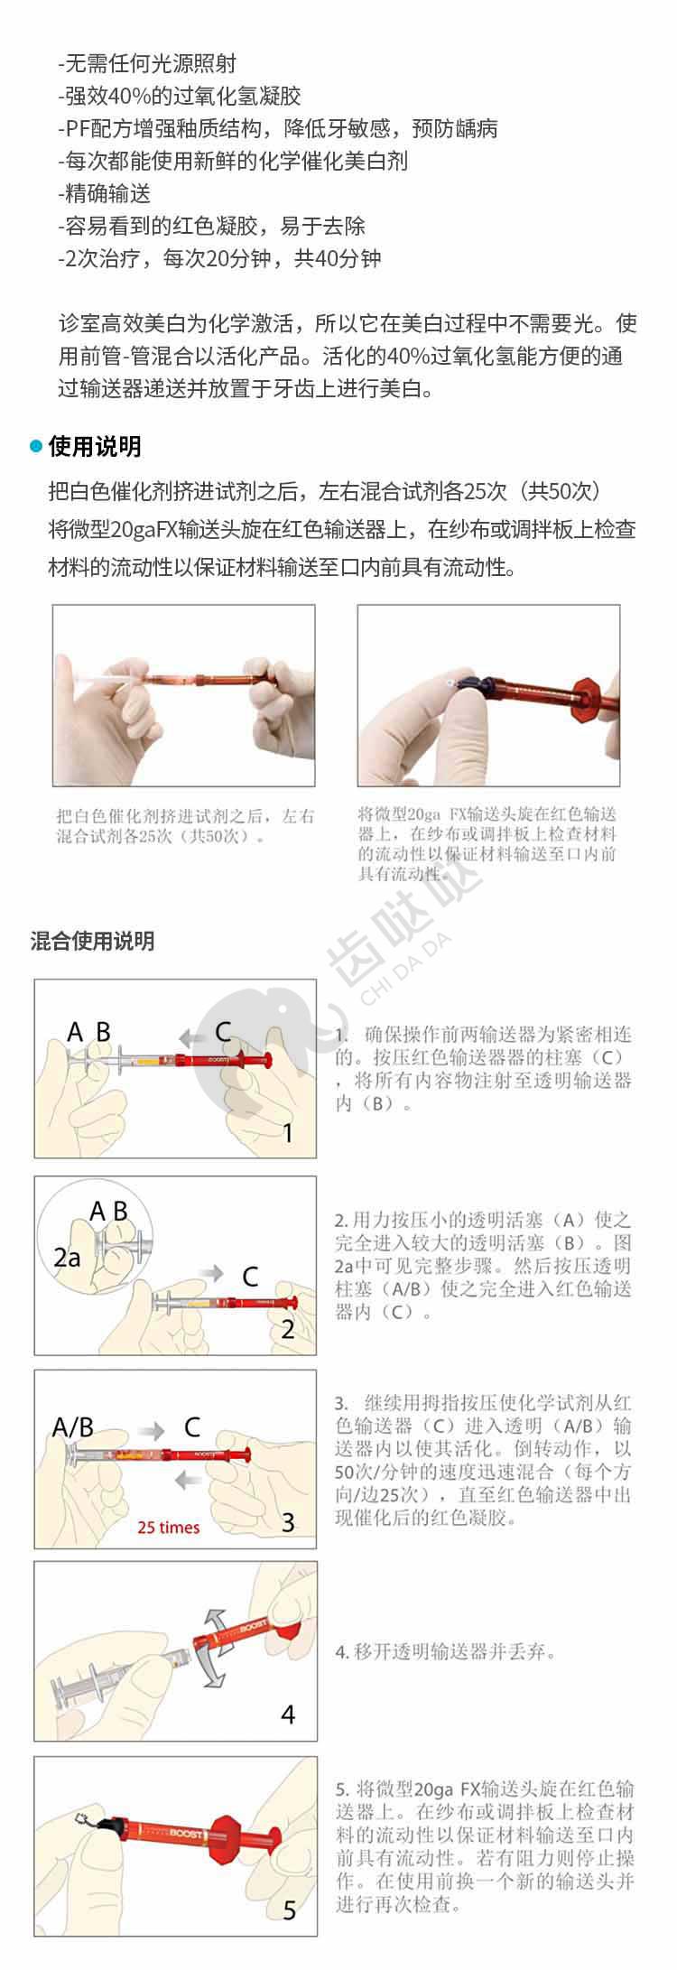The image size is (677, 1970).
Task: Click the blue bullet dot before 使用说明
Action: point(36,447)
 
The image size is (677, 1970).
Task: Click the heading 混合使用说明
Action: point(93,941)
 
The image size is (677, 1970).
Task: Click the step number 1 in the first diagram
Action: point(288,1132)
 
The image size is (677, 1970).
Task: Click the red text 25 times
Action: point(169,1528)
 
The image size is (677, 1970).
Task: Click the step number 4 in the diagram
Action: point(288,1714)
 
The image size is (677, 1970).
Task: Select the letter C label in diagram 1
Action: point(223,1032)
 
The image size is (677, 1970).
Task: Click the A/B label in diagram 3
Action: point(73,1427)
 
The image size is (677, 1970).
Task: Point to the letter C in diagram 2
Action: point(250,1277)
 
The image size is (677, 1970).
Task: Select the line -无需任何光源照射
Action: point(147,63)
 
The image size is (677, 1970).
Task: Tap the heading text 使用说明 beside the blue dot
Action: point(95,447)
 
